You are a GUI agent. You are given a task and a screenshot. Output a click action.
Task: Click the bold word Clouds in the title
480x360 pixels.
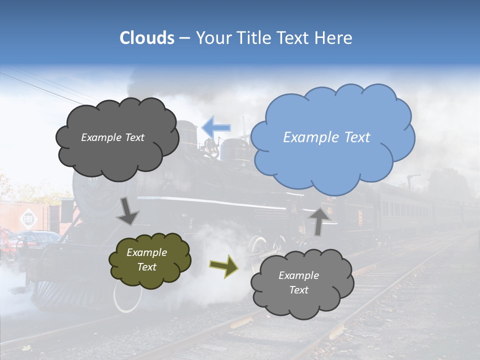(x=146, y=38)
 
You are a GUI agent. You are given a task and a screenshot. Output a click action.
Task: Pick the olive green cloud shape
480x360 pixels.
(x=149, y=260)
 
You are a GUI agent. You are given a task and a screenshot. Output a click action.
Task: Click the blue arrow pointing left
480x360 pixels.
(x=216, y=127)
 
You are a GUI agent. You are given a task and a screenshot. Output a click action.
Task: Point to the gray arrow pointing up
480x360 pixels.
(x=319, y=220)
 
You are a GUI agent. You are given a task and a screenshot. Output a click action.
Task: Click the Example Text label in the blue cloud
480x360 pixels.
(x=326, y=137)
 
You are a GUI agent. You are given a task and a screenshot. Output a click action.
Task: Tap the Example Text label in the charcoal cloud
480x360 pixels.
(x=112, y=137)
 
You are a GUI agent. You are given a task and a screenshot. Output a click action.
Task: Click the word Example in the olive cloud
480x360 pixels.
(x=146, y=252)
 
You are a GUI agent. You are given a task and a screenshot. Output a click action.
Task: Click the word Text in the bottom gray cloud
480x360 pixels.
(x=298, y=290)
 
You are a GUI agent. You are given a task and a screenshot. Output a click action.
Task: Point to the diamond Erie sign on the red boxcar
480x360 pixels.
(x=26, y=219)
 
